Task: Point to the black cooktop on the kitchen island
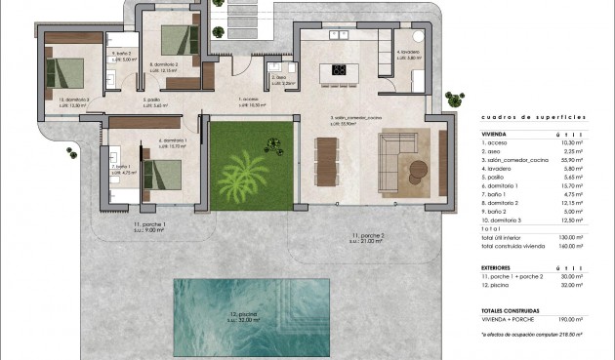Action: pos(339,69)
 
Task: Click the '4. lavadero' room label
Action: pos(407,52)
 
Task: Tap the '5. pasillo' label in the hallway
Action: pos(151,100)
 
